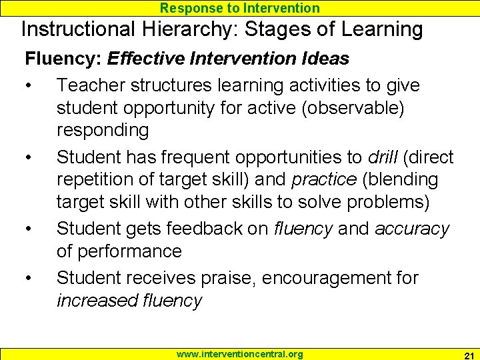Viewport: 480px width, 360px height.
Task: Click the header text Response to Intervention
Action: click(x=240, y=8)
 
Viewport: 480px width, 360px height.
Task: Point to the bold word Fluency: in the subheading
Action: click(x=63, y=59)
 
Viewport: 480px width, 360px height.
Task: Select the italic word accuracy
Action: click(x=412, y=229)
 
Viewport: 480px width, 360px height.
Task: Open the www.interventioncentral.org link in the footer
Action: click(x=240, y=354)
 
